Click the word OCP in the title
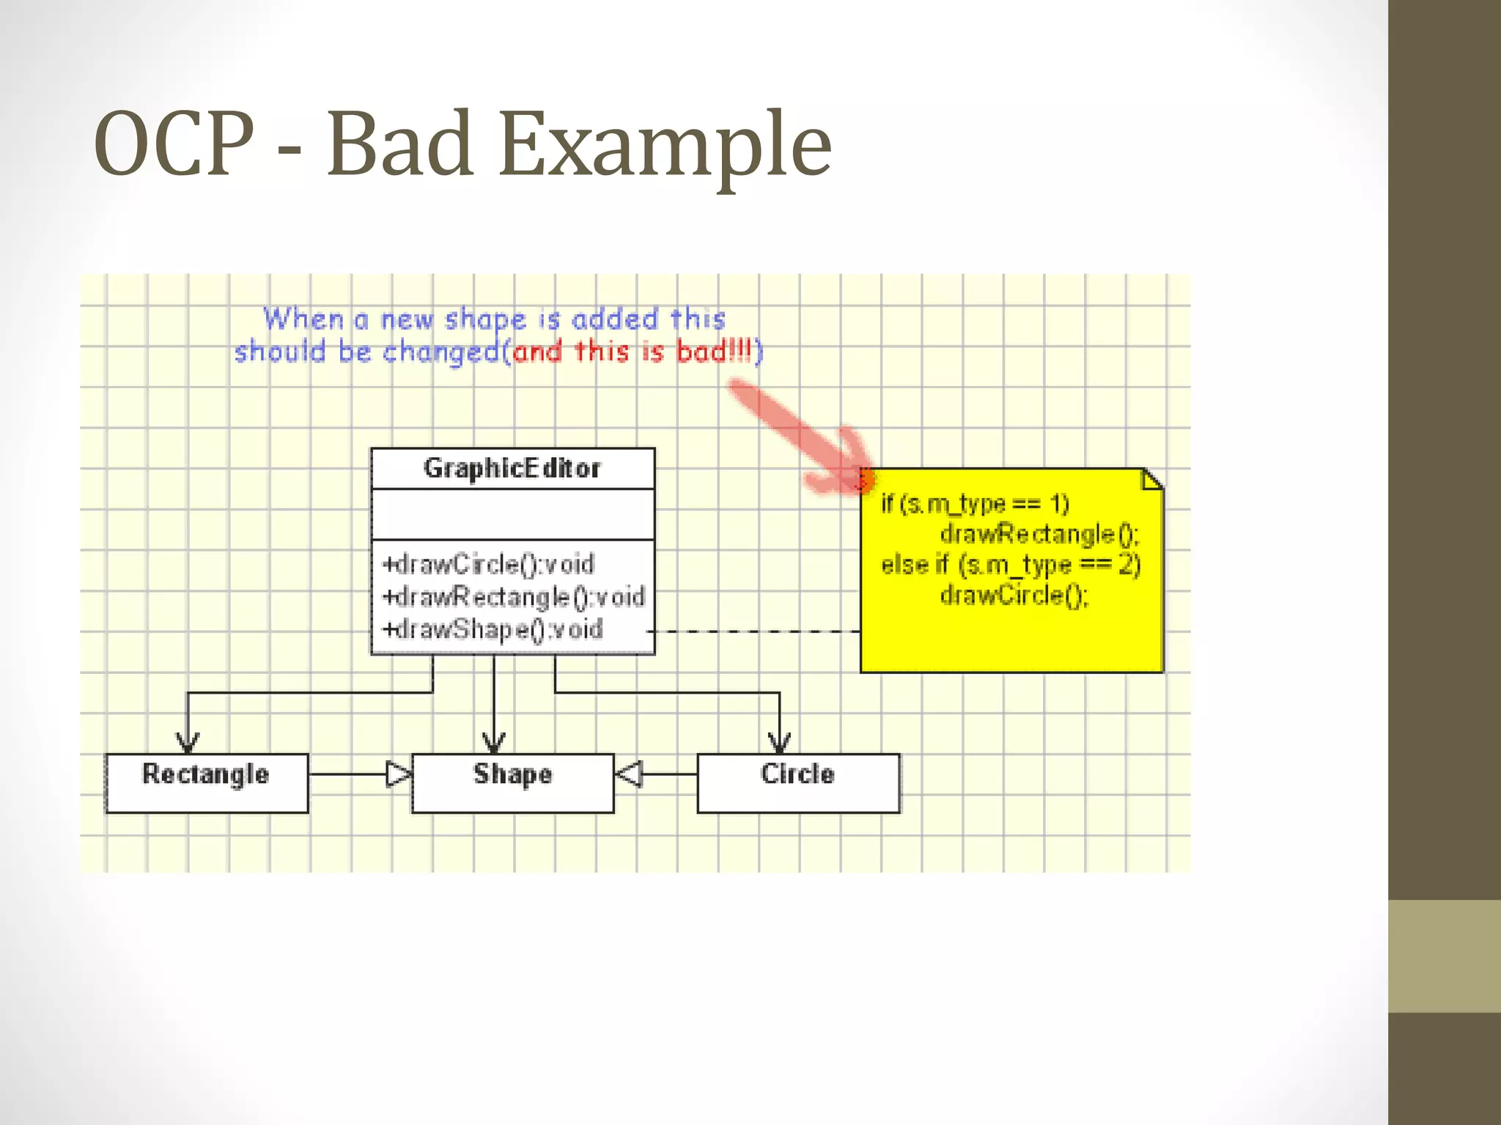point(174,144)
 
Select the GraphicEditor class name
point(512,468)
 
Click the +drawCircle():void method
point(489,565)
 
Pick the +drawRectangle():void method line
point(514,597)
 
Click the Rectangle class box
point(207,782)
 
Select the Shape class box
point(512,782)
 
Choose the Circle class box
point(798,782)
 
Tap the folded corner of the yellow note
point(1153,480)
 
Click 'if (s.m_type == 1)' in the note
point(975,504)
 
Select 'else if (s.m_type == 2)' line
point(1011,565)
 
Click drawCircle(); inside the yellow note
point(1014,595)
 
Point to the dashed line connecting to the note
point(755,631)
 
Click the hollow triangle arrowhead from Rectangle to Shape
point(399,773)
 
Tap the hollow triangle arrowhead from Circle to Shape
point(629,773)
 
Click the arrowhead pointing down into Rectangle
point(188,743)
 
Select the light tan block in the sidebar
point(1444,956)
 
